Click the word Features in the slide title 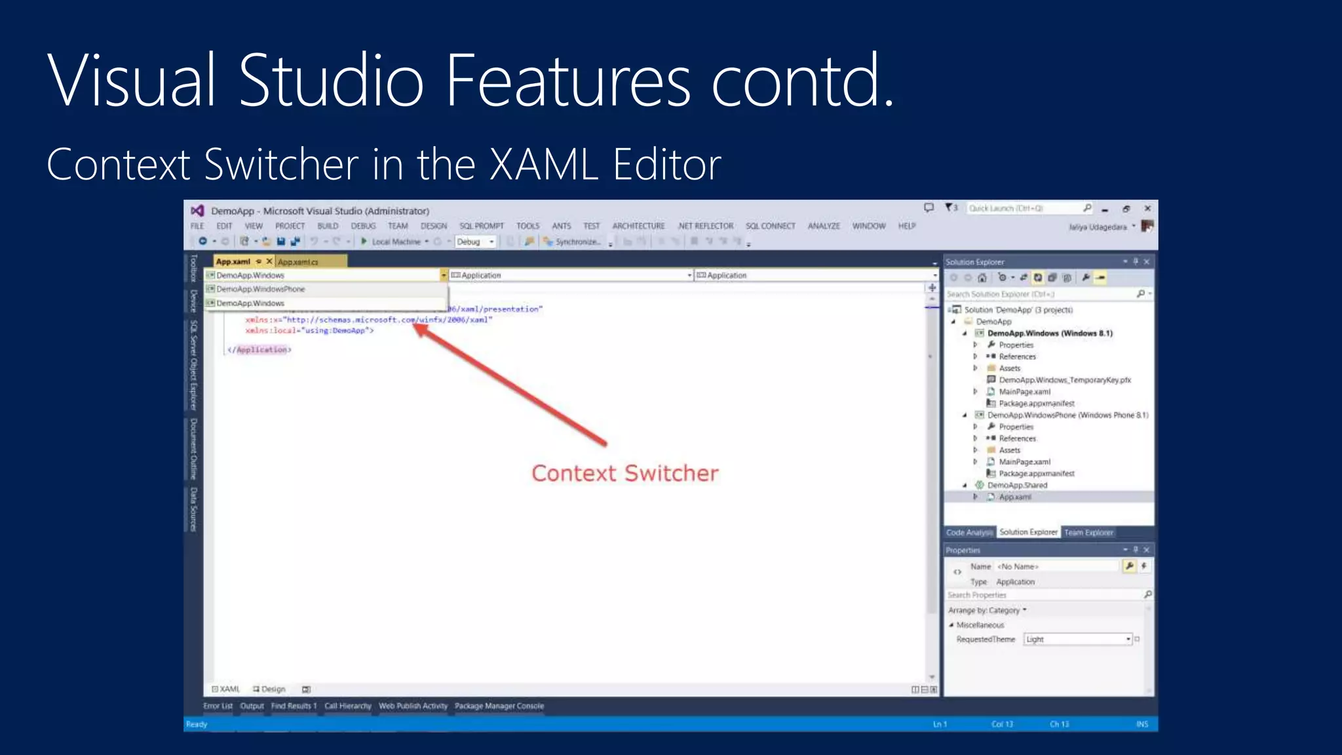pos(567,81)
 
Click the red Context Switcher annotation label pos(624,473)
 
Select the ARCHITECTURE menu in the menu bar pos(638,226)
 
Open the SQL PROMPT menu pos(482,226)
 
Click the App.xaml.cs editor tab pos(298,262)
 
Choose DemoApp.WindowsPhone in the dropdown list pos(261,289)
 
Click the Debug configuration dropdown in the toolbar pos(475,242)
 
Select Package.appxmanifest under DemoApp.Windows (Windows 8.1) pos(1036,404)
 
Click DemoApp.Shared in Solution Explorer pos(1017,486)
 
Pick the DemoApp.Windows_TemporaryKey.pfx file pos(1064,380)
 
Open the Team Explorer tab pos(1088,533)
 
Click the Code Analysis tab pos(969,533)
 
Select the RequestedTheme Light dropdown pos(1077,639)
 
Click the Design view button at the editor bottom pos(269,689)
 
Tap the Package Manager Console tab pos(499,707)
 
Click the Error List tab pos(218,707)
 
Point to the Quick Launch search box pos(1025,208)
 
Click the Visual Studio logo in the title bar pos(197,211)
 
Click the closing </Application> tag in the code pos(259,350)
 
